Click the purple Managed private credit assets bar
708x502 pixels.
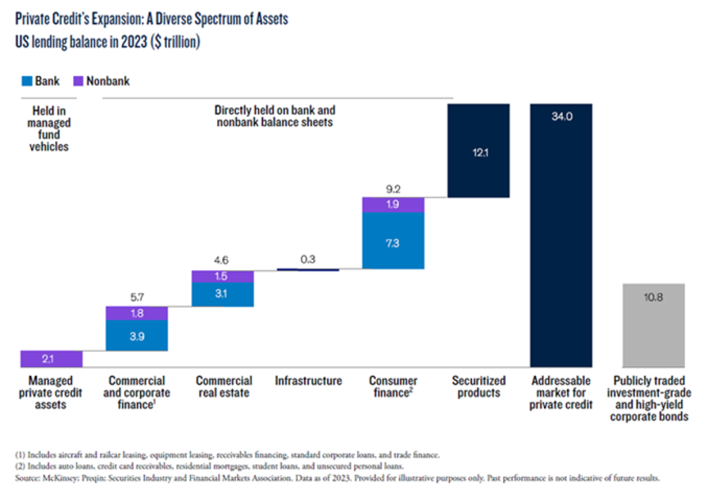tap(51, 359)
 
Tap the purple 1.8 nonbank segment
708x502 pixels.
tap(136, 313)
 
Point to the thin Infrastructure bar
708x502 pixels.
tap(308, 270)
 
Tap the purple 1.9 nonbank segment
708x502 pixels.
tap(393, 204)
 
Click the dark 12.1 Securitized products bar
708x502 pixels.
tap(478, 150)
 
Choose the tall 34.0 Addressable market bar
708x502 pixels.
tap(560, 236)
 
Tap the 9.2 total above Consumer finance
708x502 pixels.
tap(393, 189)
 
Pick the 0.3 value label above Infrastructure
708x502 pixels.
tap(308, 259)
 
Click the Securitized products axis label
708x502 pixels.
tap(478, 387)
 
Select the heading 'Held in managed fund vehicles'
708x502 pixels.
tap(50, 128)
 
